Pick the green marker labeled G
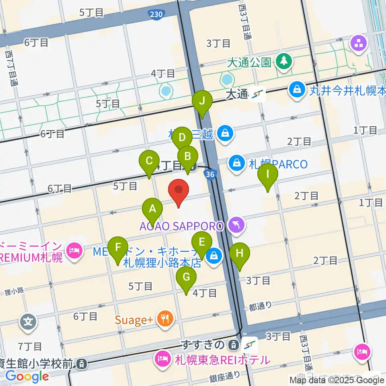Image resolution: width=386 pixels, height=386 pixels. click(x=186, y=278)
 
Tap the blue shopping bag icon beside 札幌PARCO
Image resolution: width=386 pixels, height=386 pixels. click(x=237, y=164)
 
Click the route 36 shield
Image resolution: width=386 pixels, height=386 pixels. click(x=209, y=174)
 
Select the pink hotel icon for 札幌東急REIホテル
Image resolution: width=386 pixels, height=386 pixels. click(x=162, y=358)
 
